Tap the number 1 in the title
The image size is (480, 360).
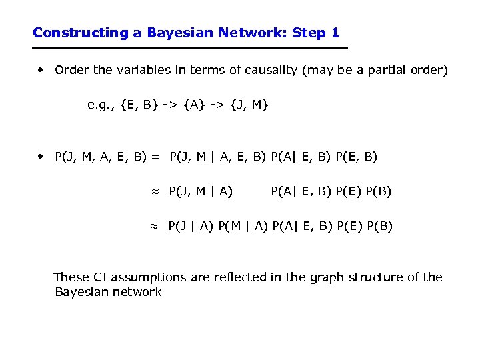(x=335, y=33)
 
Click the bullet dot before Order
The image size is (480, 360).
(x=41, y=69)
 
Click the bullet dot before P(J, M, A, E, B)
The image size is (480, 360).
(x=41, y=157)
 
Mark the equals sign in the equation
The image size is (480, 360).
(x=155, y=157)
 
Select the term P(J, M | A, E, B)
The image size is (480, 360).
(x=217, y=157)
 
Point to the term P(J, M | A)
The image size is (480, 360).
(x=201, y=192)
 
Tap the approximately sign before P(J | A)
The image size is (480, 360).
(x=154, y=227)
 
